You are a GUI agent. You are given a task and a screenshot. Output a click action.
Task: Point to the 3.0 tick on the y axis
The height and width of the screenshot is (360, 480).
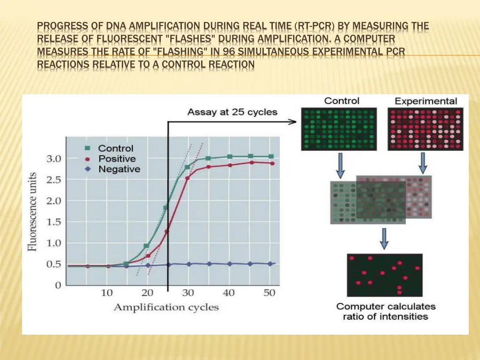(53, 158)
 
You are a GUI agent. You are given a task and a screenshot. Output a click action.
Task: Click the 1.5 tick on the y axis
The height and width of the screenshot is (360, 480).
(53, 222)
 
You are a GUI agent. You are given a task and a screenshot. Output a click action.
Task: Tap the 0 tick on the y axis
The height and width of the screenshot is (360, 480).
(58, 285)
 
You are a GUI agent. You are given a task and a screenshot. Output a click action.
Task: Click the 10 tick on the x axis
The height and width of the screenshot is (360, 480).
(107, 293)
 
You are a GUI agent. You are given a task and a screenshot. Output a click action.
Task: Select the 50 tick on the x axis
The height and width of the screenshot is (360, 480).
(270, 293)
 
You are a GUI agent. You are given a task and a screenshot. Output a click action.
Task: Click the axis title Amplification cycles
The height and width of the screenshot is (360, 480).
(166, 307)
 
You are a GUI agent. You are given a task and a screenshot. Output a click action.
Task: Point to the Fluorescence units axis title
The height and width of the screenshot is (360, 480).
(33, 211)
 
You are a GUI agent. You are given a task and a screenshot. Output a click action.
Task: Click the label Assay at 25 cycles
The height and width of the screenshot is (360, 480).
(232, 112)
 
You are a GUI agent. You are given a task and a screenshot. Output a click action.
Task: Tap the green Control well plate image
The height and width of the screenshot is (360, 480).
(338, 128)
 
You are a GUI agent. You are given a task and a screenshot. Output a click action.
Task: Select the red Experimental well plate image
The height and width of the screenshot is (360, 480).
(425, 129)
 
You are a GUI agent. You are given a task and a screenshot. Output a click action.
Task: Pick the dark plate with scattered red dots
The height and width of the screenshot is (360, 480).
(384, 275)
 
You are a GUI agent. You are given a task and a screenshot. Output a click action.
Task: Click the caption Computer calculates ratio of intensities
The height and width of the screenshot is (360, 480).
(386, 311)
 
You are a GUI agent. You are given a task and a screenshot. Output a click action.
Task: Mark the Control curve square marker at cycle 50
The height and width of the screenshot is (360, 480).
(270, 156)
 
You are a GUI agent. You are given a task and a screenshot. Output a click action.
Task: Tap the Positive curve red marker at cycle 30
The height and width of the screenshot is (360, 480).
(187, 178)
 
